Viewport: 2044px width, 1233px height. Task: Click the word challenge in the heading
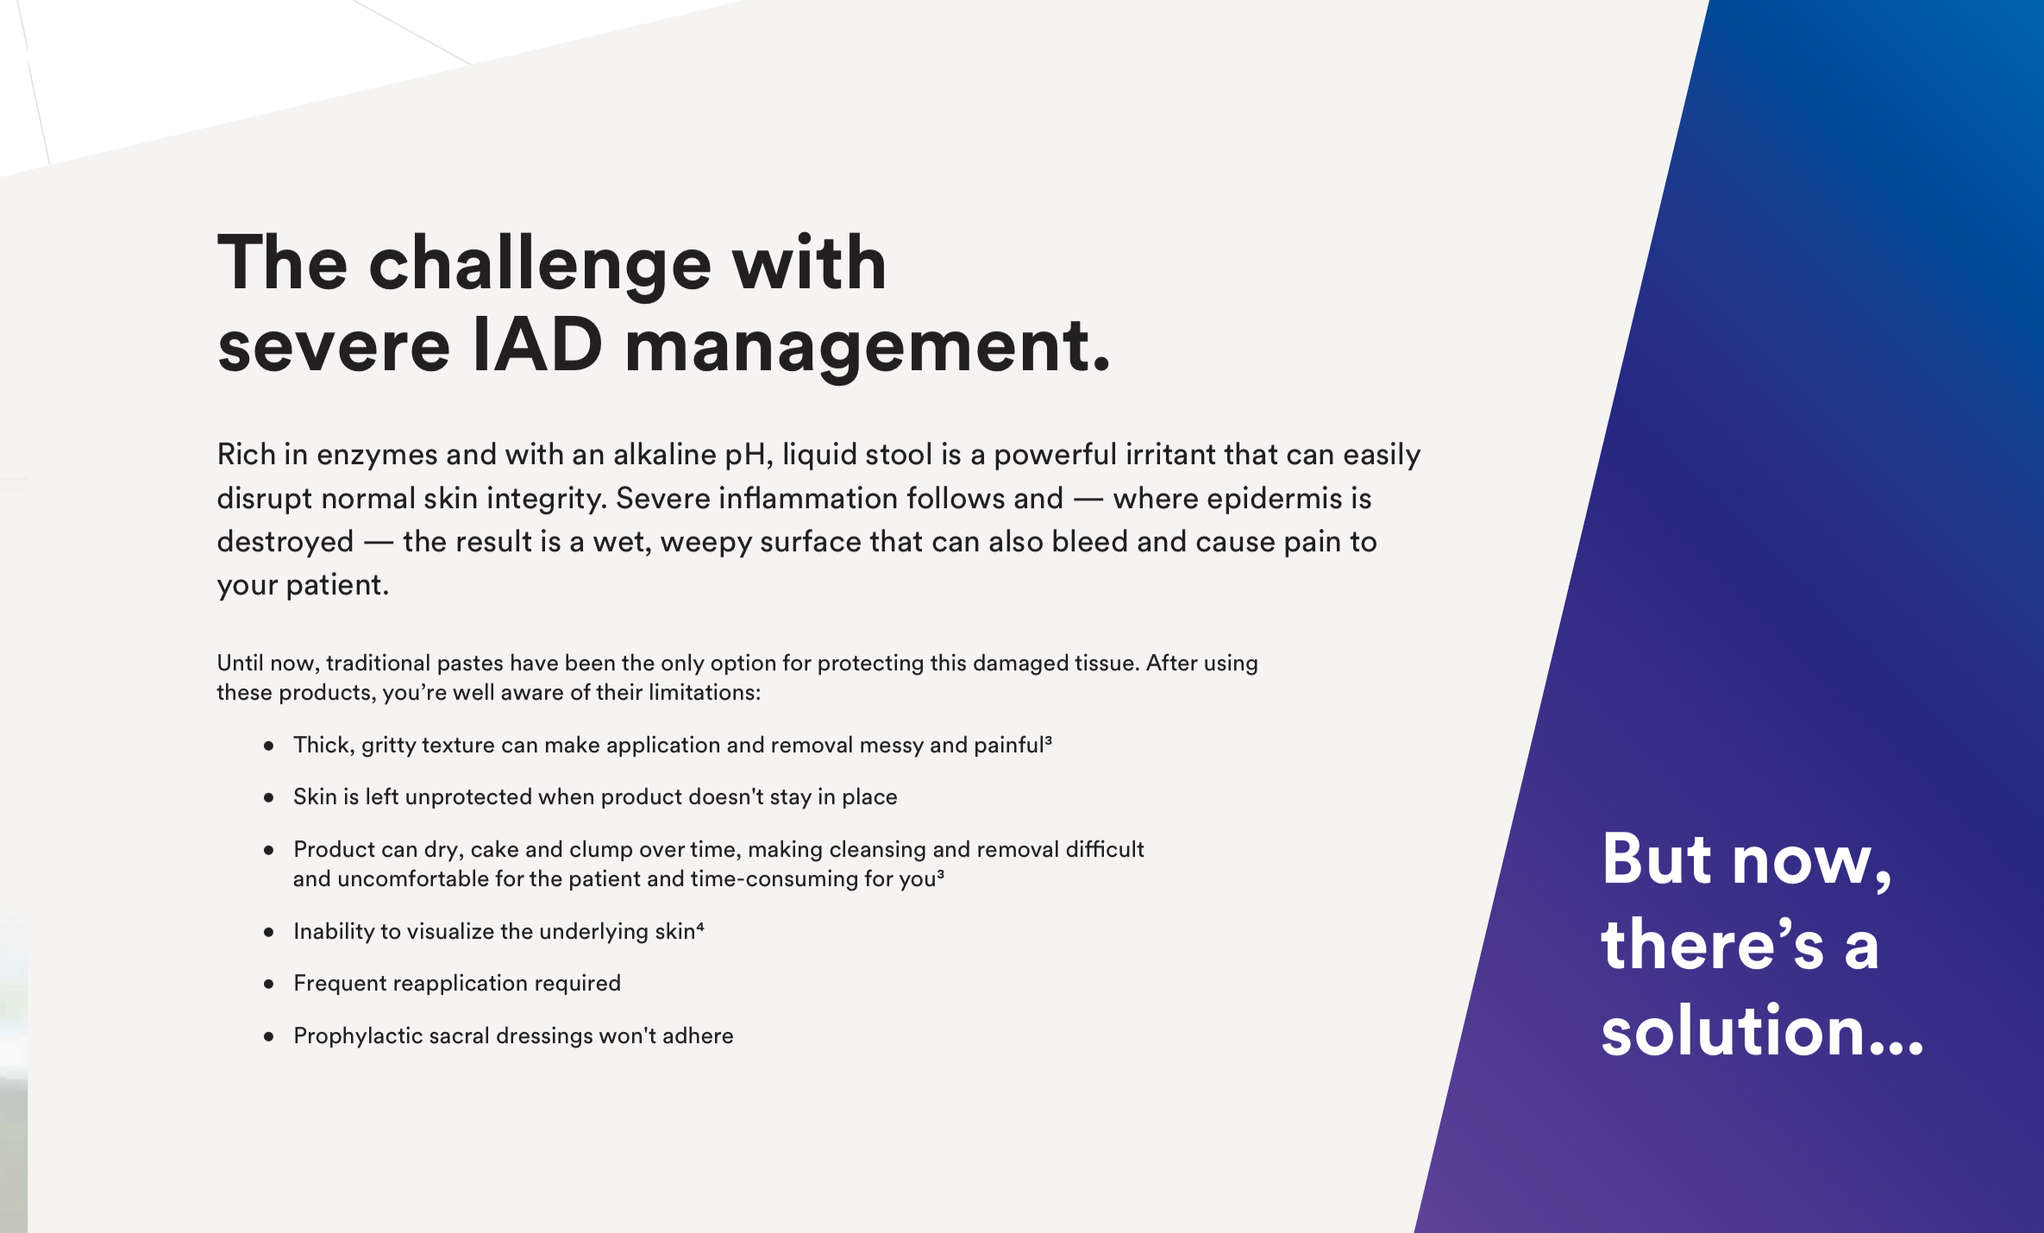(x=540, y=266)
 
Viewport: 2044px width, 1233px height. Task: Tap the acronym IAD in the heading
(x=538, y=345)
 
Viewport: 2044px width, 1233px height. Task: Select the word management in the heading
(x=867, y=349)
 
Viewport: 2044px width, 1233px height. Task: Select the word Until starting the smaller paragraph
(x=240, y=663)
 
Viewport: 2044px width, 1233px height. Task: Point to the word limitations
(x=704, y=692)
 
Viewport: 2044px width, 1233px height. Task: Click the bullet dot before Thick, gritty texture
(x=269, y=745)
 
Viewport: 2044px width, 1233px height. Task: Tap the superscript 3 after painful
(x=1048, y=739)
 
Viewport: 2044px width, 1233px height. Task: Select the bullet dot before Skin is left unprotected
(x=269, y=798)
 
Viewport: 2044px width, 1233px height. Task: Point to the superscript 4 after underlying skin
(x=700, y=927)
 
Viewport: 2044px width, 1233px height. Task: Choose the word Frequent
(x=340, y=984)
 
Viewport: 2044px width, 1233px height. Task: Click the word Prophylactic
(x=358, y=1036)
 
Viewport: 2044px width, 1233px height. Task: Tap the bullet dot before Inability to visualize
(x=269, y=933)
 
